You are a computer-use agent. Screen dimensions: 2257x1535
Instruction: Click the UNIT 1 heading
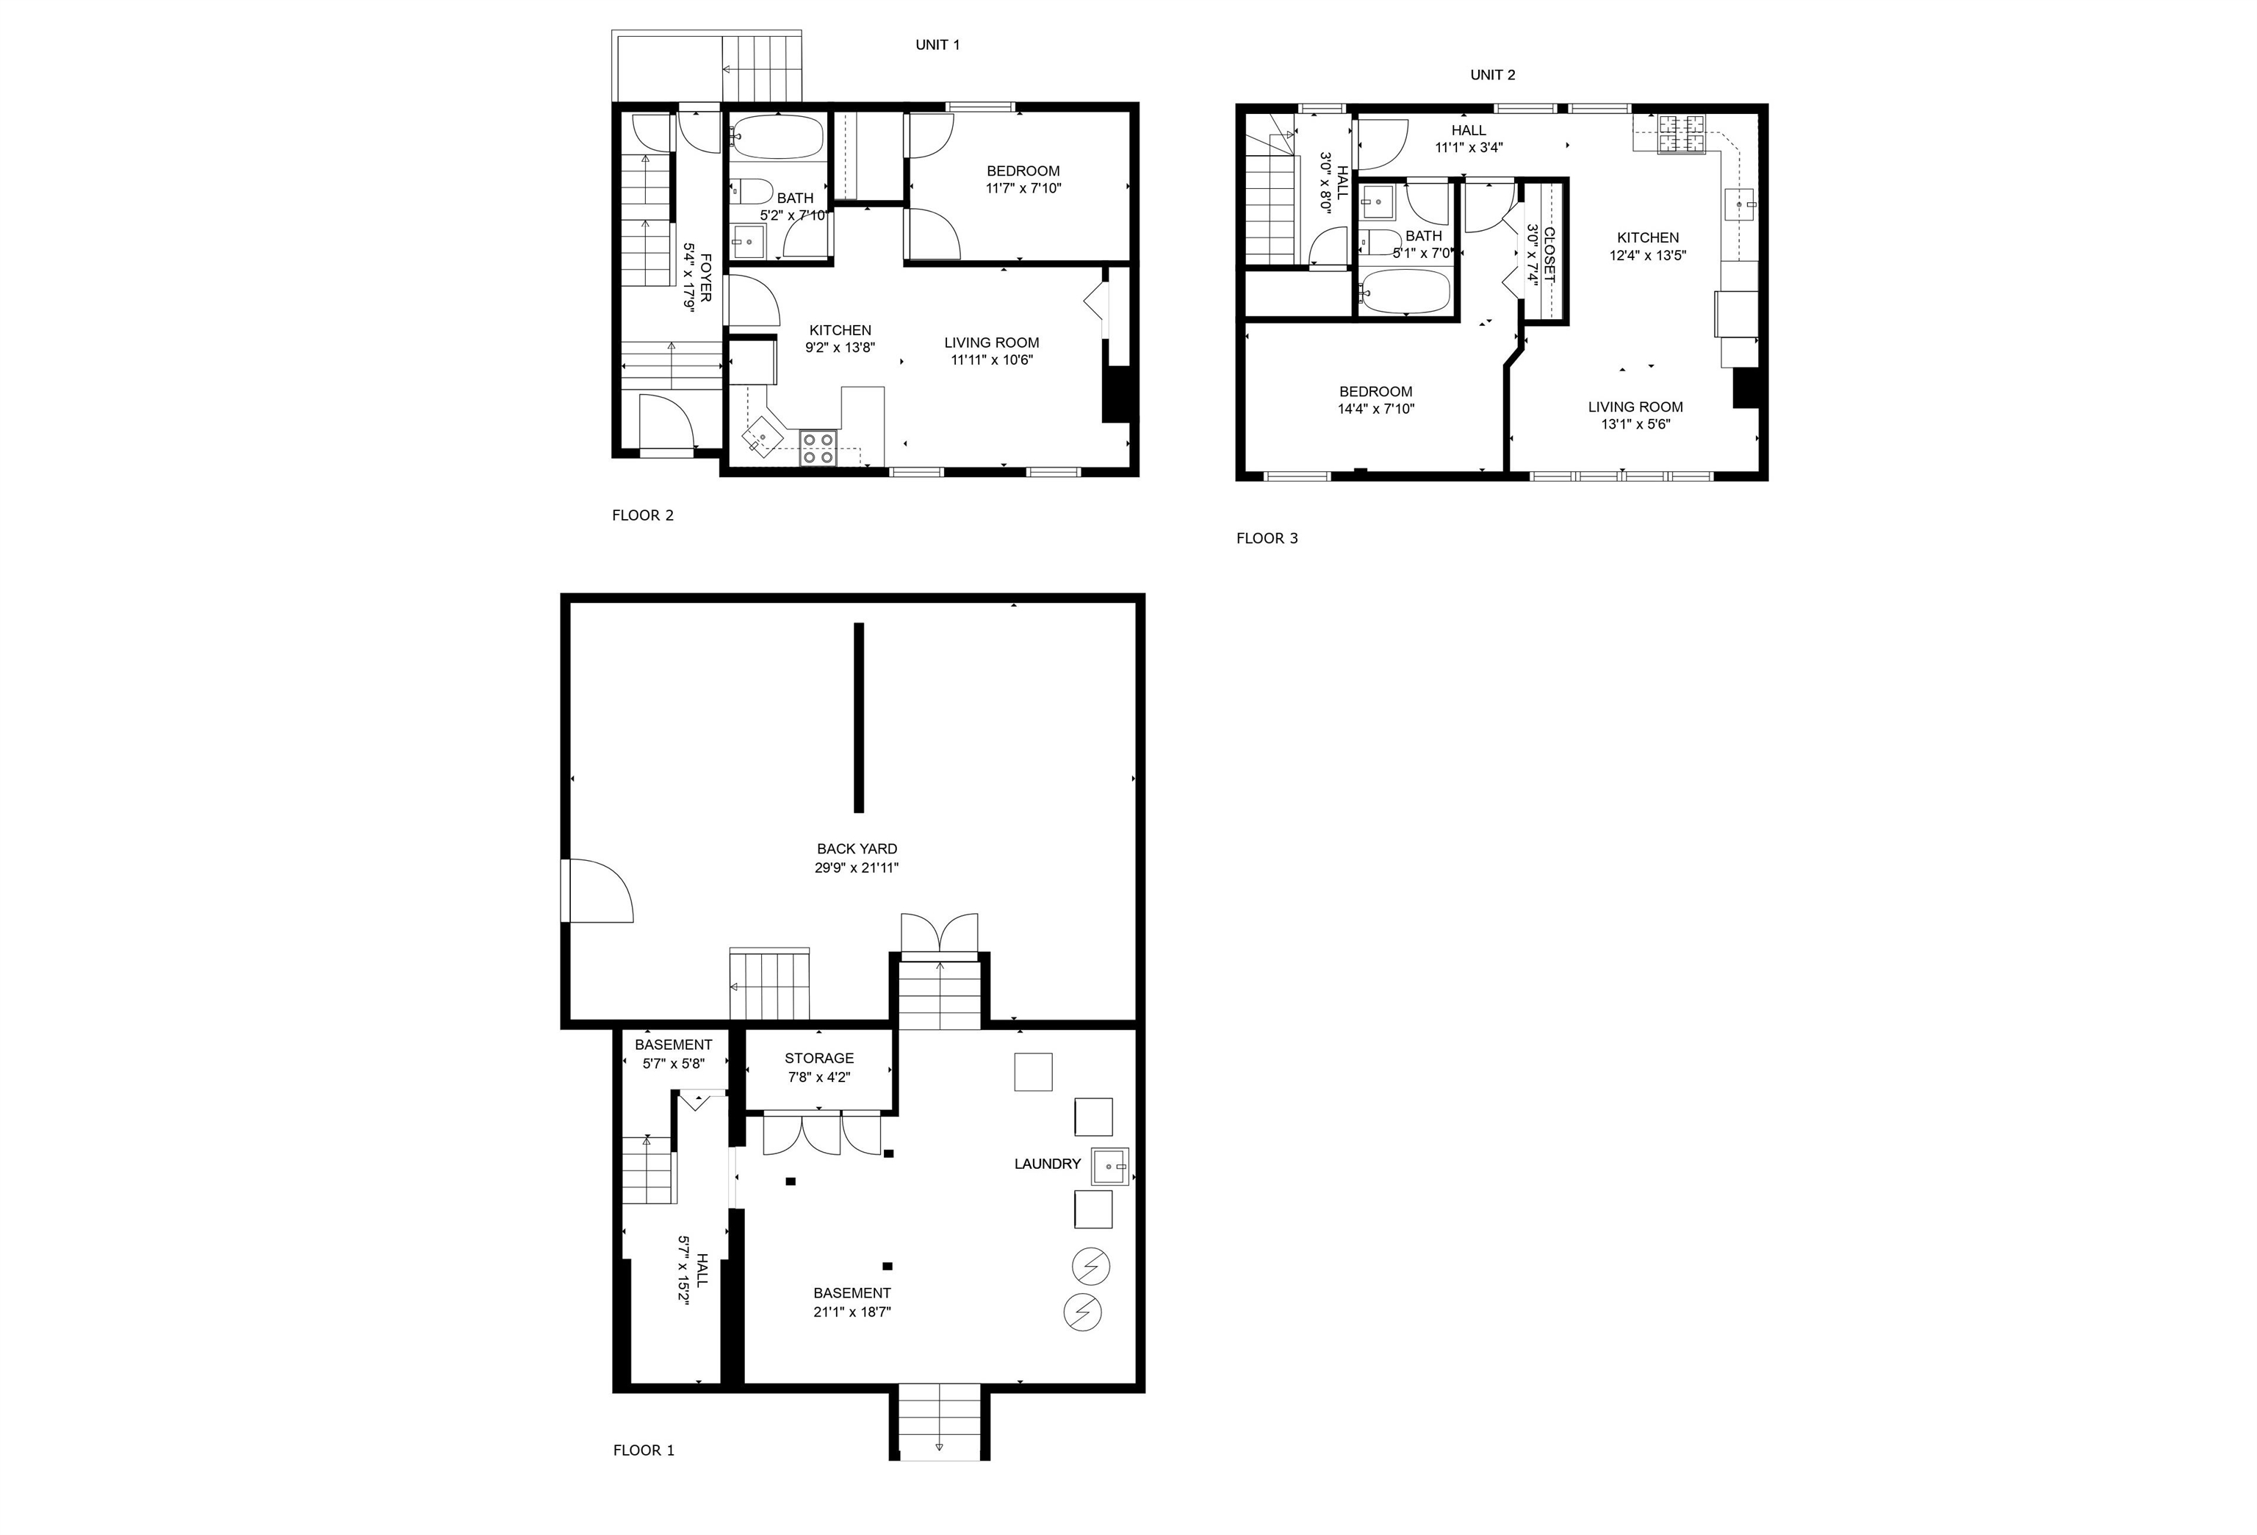pos(937,45)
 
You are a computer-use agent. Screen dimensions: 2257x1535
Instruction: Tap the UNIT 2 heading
pos(1493,75)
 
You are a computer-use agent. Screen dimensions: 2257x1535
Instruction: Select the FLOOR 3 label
pos(1267,538)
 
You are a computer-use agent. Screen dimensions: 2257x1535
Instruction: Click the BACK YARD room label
pos(857,849)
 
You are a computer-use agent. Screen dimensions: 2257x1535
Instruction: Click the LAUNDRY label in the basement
pos(1047,1164)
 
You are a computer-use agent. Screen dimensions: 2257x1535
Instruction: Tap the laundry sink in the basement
pos(1111,1166)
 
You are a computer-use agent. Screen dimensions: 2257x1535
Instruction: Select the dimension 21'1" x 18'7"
pos(852,1312)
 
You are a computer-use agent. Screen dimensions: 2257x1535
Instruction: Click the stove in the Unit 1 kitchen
pos(818,447)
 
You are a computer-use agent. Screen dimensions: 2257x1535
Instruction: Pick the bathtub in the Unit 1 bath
pos(777,137)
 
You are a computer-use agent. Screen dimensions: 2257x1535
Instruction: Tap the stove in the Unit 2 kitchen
pos(1680,133)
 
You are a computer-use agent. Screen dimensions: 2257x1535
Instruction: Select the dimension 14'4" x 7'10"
pos(1375,409)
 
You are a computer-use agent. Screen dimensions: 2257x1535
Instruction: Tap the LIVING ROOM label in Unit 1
pos(992,342)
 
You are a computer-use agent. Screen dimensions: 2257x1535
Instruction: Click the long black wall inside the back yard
pos(859,717)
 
